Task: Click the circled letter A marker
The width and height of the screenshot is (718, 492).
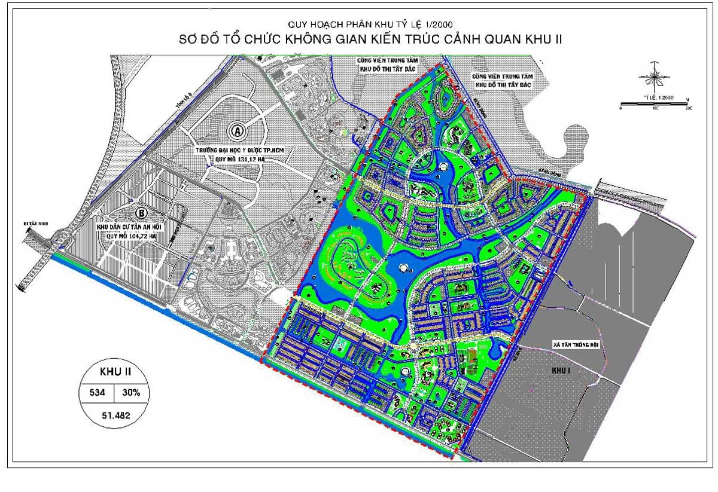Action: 238,130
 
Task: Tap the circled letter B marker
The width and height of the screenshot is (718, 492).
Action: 142,213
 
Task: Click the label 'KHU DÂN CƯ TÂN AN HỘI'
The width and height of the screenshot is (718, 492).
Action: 135,228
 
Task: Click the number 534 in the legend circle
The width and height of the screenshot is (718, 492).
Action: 98,393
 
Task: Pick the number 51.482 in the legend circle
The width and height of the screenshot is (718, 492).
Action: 117,414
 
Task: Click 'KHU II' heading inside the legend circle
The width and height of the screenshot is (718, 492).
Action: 115,372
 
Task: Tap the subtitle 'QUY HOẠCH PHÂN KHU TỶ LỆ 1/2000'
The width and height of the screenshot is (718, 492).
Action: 359,24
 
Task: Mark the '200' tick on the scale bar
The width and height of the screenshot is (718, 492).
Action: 687,109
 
